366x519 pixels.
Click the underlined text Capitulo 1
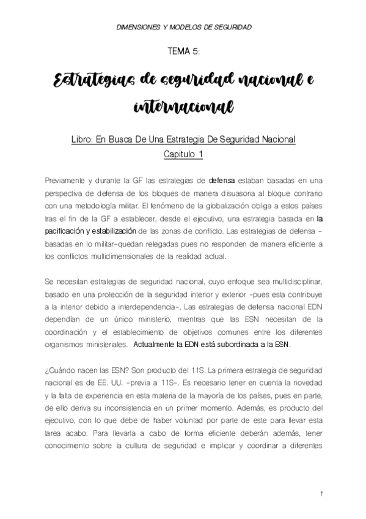(x=183, y=154)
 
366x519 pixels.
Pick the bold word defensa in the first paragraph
(x=223, y=181)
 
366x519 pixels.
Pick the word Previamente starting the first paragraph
(x=65, y=181)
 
